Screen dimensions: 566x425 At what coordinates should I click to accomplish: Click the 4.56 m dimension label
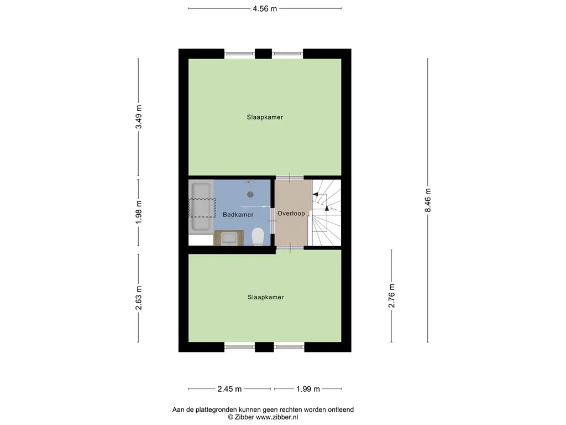click(265, 9)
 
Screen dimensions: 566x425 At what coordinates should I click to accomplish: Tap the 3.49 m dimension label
click(139, 117)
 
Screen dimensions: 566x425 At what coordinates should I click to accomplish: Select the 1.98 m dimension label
click(139, 212)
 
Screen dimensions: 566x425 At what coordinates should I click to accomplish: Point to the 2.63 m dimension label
click(139, 298)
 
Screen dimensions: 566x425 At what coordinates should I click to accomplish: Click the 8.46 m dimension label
click(428, 200)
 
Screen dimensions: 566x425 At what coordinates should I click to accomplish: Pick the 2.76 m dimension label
click(392, 296)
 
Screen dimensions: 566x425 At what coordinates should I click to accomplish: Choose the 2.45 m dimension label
click(229, 389)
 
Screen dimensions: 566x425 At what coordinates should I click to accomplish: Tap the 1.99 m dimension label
click(308, 389)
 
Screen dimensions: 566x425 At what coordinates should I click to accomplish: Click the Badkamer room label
click(238, 215)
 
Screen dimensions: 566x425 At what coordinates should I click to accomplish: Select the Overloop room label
click(291, 214)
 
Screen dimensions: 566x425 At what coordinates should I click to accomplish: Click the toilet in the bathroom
click(258, 237)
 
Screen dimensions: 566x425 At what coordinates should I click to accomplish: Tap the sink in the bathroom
click(229, 238)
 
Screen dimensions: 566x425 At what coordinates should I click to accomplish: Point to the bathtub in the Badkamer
click(201, 206)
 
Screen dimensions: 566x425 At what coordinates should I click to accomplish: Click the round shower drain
click(250, 194)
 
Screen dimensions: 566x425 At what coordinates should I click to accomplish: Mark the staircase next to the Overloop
click(326, 212)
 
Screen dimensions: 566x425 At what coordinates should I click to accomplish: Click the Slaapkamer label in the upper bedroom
click(265, 117)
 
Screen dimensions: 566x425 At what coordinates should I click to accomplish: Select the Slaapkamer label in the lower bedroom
click(266, 297)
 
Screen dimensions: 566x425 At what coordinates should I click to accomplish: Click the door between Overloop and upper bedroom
click(290, 178)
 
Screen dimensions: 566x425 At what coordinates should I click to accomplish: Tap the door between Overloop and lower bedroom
click(290, 248)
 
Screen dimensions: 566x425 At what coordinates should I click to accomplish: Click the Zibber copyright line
click(263, 417)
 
